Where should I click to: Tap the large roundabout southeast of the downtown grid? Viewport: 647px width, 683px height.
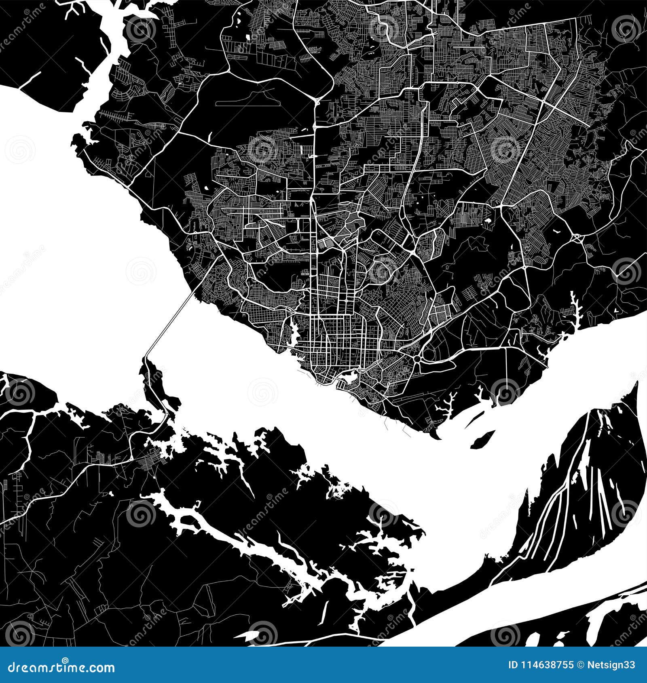tap(417, 359)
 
